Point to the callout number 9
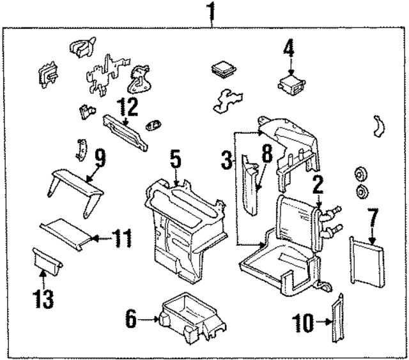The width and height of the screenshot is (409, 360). [x=100, y=154]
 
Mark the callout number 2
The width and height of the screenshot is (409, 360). [x=318, y=185]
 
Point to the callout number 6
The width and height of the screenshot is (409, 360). [x=130, y=317]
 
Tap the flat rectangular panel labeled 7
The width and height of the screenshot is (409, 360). [x=367, y=262]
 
